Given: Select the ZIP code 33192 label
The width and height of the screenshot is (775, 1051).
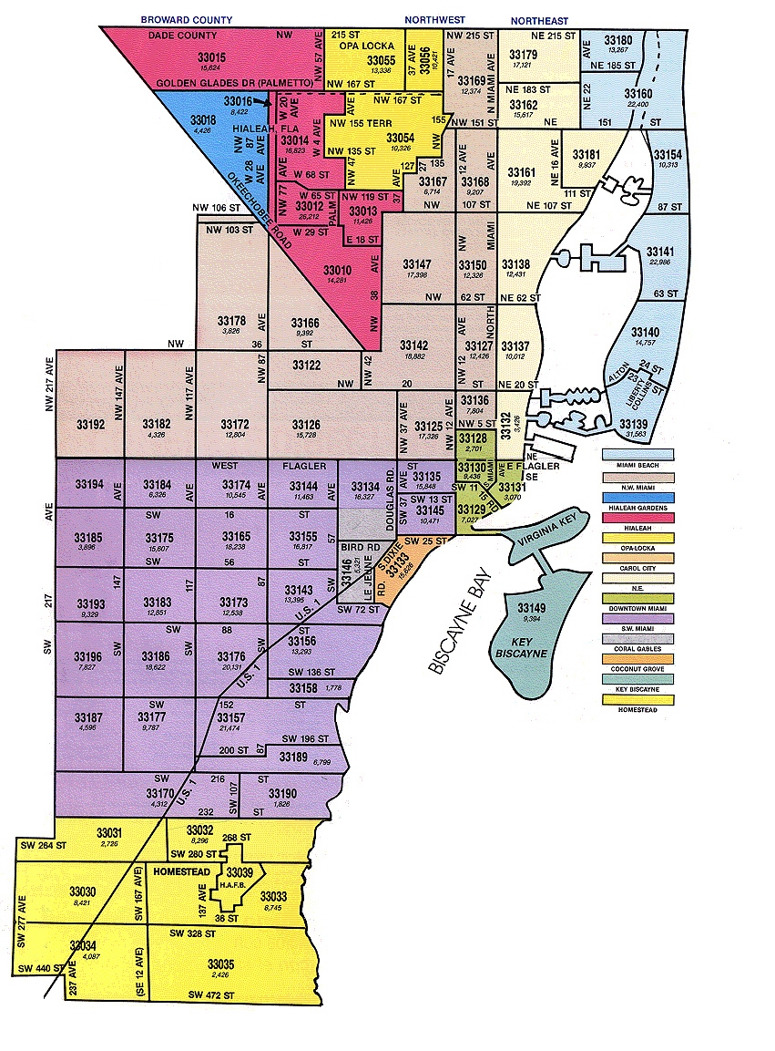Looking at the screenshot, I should (88, 424).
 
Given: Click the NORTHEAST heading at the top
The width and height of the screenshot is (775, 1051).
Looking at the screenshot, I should (539, 20).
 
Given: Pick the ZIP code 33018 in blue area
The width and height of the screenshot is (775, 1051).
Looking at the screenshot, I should (203, 119).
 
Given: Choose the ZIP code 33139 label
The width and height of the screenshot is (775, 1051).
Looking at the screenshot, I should (634, 424).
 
